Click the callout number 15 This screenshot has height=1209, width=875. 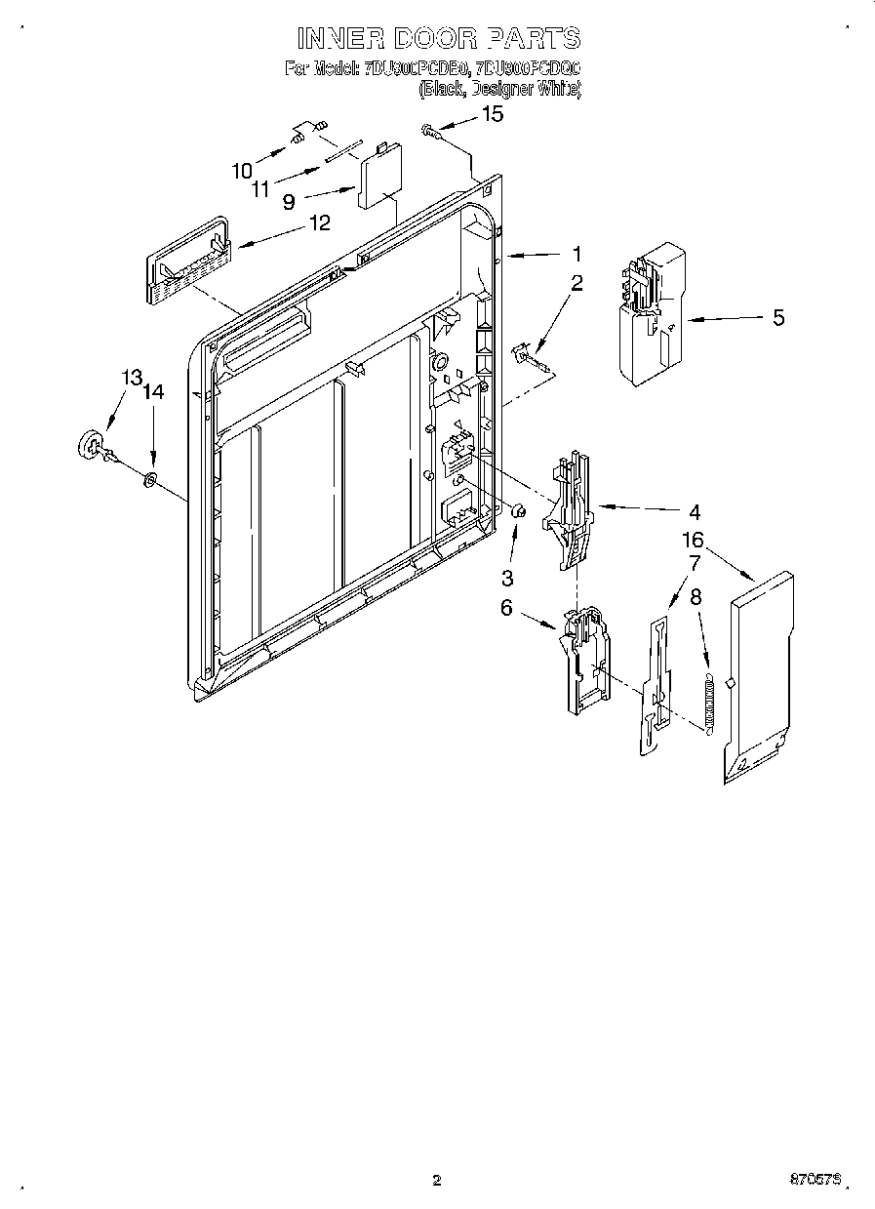pyautogui.click(x=494, y=114)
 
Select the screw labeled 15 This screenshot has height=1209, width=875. pyautogui.click(x=429, y=128)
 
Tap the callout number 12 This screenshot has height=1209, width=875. pyautogui.click(x=319, y=222)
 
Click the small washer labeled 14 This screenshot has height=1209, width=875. pyautogui.click(x=150, y=479)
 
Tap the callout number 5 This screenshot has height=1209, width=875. pyautogui.click(x=777, y=317)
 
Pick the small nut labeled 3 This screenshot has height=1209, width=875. pyautogui.click(x=519, y=509)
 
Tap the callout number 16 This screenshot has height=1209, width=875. pyautogui.click(x=693, y=540)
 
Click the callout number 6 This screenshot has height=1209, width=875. pyautogui.click(x=506, y=607)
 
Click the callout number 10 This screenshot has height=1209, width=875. pyautogui.click(x=242, y=171)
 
